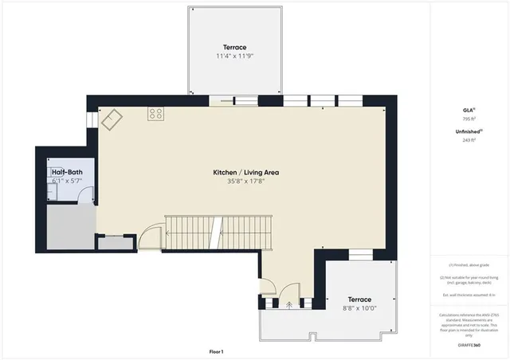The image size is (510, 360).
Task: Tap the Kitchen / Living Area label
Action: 245,173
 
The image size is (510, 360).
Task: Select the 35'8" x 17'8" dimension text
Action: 245,181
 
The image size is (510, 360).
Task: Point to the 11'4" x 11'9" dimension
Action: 235,55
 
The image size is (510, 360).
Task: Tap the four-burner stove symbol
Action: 155,115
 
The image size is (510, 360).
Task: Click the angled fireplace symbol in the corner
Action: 111,119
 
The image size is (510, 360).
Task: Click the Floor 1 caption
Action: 216,351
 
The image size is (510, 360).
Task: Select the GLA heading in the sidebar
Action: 469,112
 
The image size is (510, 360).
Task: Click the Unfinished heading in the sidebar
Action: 469,131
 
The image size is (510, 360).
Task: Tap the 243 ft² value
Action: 469,139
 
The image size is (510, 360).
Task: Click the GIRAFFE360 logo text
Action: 469,345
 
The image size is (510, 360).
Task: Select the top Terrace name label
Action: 235,47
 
